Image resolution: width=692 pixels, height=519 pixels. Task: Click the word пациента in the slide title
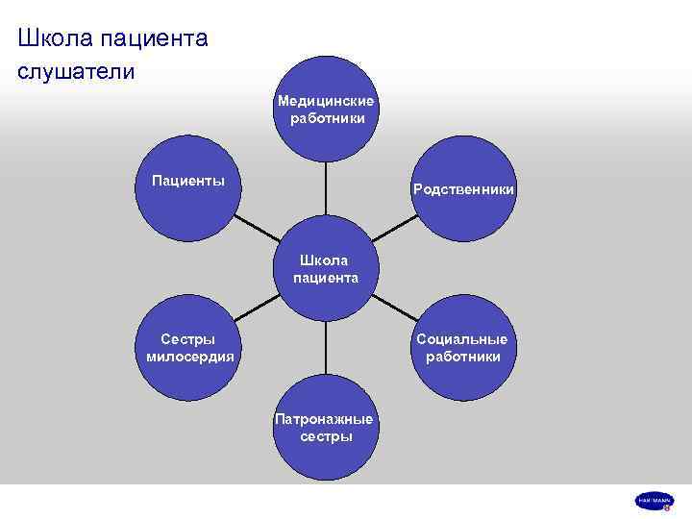point(157,39)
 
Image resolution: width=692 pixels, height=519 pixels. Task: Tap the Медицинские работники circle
point(327,108)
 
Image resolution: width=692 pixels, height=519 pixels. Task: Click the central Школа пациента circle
point(327,269)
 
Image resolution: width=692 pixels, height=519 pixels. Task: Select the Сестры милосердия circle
point(188,348)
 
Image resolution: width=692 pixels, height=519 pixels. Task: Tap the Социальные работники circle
point(463,348)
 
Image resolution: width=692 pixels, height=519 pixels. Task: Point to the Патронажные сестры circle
point(327,429)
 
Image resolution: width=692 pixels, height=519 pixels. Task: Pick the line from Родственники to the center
point(395,229)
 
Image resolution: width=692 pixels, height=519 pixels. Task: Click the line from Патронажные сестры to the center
point(327,350)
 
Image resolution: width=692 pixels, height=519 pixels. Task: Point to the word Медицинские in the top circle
point(327,100)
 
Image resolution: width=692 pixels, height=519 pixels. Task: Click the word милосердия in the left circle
point(189,357)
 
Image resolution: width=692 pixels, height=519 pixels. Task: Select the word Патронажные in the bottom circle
point(325,419)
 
